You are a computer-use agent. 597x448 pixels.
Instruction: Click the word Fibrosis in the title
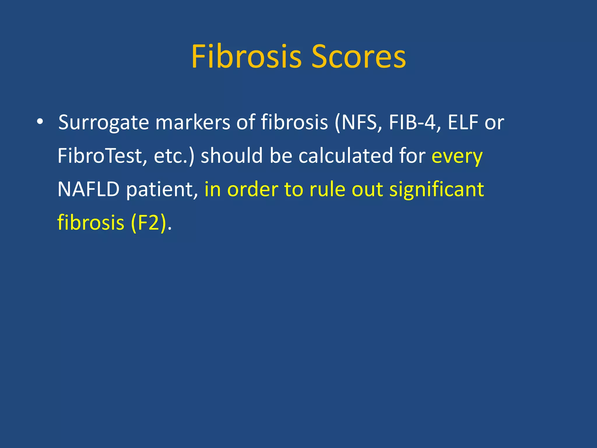coord(246,57)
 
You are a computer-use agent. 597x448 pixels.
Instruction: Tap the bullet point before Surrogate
coord(40,122)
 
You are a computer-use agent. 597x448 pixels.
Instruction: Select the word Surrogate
coord(103,123)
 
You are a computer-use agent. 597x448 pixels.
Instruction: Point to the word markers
coord(193,123)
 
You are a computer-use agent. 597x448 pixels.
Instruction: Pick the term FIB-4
coord(412,123)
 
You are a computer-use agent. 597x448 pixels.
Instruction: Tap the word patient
coord(160,190)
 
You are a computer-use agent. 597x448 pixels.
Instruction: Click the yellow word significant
coord(436,190)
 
